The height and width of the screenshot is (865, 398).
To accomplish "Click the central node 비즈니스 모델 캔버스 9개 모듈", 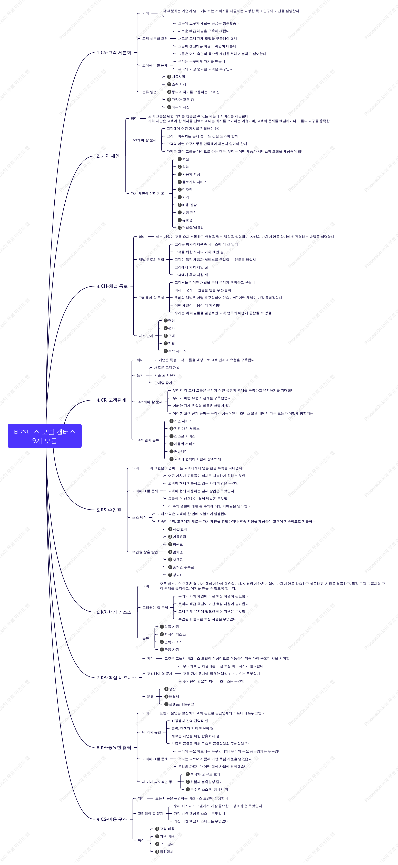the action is click(x=45, y=436).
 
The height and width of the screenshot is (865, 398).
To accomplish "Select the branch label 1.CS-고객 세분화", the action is click(x=114, y=53).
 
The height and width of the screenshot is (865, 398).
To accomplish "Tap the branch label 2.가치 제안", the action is click(x=108, y=156).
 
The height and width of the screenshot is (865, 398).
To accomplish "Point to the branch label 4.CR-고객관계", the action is click(x=111, y=400).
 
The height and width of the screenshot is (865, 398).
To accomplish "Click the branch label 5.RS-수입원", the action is click(x=109, y=510).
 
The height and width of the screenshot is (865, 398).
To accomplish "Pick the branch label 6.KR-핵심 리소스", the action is click(x=114, y=612).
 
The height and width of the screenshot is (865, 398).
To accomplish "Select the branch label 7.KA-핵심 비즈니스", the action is click(x=116, y=678).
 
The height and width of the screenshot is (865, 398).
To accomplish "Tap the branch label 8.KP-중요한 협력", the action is click(x=114, y=748).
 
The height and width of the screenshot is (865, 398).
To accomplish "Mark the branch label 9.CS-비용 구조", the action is click(x=112, y=819).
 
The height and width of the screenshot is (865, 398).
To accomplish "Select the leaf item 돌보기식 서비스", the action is click(x=192, y=182).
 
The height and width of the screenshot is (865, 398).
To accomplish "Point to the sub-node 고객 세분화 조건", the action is click(x=155, y=39).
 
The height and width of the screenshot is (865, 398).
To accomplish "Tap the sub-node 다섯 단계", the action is click(x=146, y=336).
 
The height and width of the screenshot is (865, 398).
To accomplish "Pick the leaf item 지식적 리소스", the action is click(x=173, y=634).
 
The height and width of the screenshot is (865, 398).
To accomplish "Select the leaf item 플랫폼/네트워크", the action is click(x=179, y=704).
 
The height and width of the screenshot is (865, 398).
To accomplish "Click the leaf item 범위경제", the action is click(x=164, y=852).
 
